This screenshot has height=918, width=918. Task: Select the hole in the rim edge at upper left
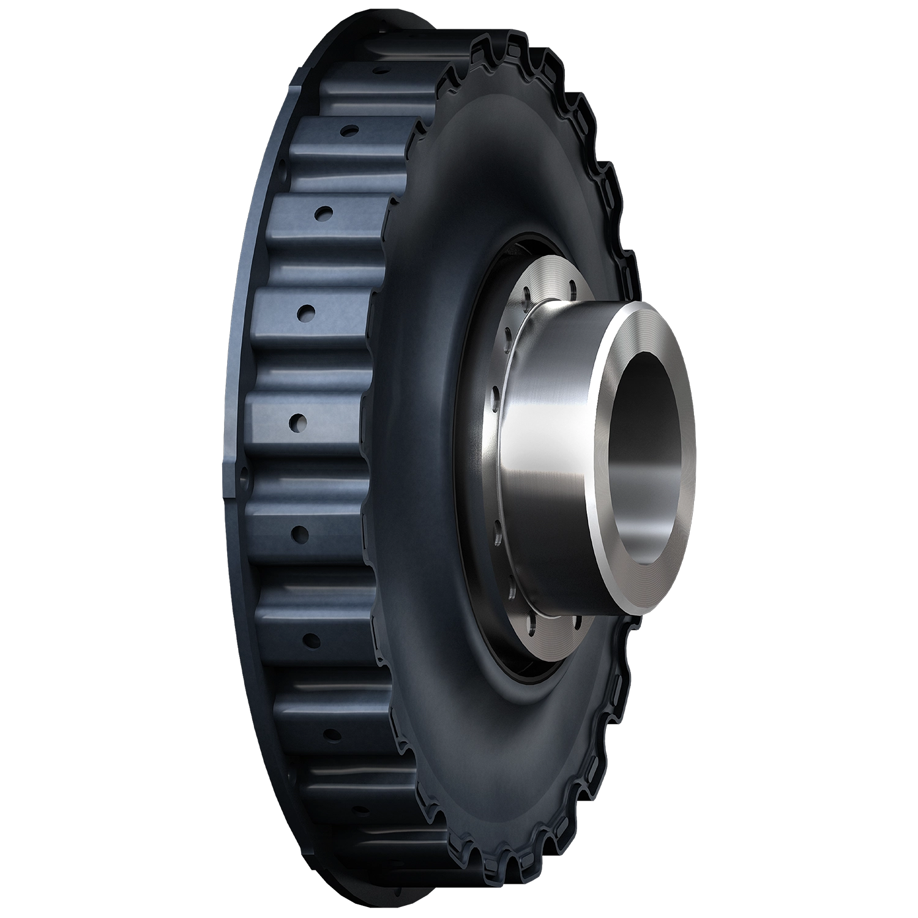click(x=282, y=165)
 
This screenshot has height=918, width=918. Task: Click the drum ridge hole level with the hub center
click(x=300, y=421)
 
